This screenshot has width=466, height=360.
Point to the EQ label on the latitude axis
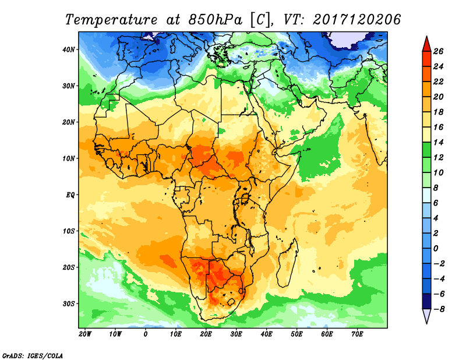coord(70,195)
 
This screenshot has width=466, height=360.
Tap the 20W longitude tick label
coord(85,334)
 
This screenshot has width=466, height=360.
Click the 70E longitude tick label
coord(358,334)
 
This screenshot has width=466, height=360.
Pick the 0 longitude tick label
coord(146,334)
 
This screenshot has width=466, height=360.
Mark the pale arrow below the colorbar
coord(426,316)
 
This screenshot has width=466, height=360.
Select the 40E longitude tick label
coord(267,334)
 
